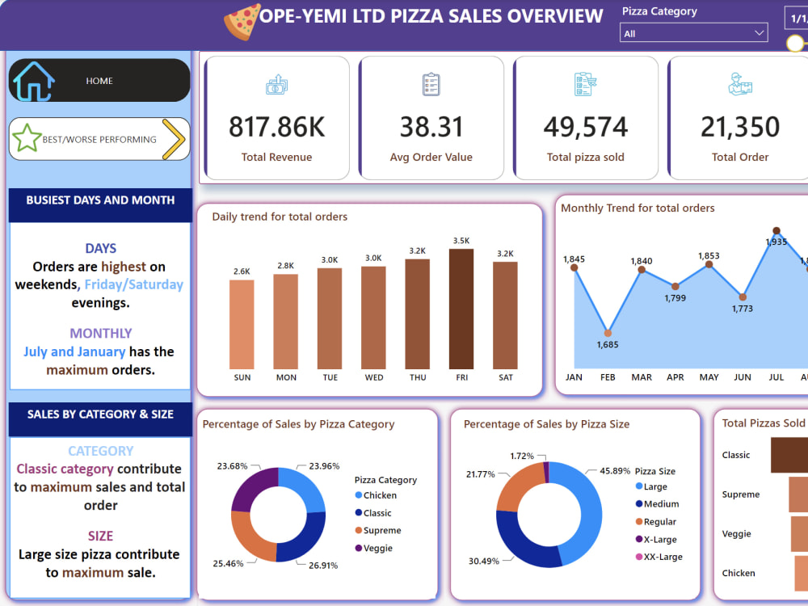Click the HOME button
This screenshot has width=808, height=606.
(99, 81)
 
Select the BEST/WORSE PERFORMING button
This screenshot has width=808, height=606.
(99, 139)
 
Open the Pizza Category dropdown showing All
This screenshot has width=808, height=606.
(693, 33)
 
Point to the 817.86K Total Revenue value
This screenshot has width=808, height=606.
(276, 127)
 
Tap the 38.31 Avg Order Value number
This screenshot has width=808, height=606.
(431, 127)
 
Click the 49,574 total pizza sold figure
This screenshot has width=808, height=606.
(585, 127)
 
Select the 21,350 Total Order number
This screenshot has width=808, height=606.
(740, 127)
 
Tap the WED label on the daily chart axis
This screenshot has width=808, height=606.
(373, 377)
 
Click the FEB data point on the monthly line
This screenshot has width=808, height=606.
(608, 333)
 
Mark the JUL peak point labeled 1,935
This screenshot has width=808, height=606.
(776, 231)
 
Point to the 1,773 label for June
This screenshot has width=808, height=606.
(742, 309)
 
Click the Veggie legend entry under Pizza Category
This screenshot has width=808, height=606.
(377, 549)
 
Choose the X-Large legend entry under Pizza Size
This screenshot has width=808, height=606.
(660, 540)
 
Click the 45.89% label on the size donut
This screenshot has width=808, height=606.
(615, 470)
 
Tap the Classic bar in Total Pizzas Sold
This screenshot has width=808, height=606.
(789, 455)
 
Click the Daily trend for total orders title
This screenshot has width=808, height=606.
(280, 217)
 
